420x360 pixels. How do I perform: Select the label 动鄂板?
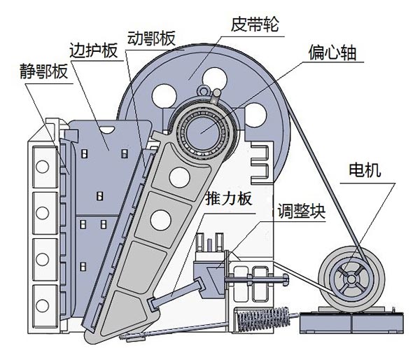pyautogui.click(x=150, y=37)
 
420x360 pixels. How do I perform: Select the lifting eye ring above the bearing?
pyautogui.click(x=205, y=90)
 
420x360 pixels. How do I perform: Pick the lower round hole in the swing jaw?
pyautogui.click(x=162, y=219)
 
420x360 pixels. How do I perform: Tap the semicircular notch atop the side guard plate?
pyautogui.click(x=107, y=127)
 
